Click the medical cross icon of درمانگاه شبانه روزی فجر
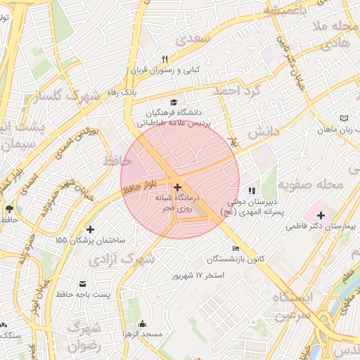(176, 188)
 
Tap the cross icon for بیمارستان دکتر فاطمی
(321, 214)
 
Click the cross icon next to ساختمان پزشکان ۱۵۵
(90, 229)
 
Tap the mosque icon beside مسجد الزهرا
(143, 323)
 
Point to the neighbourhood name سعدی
(194, 39)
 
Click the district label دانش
(264, 131)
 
